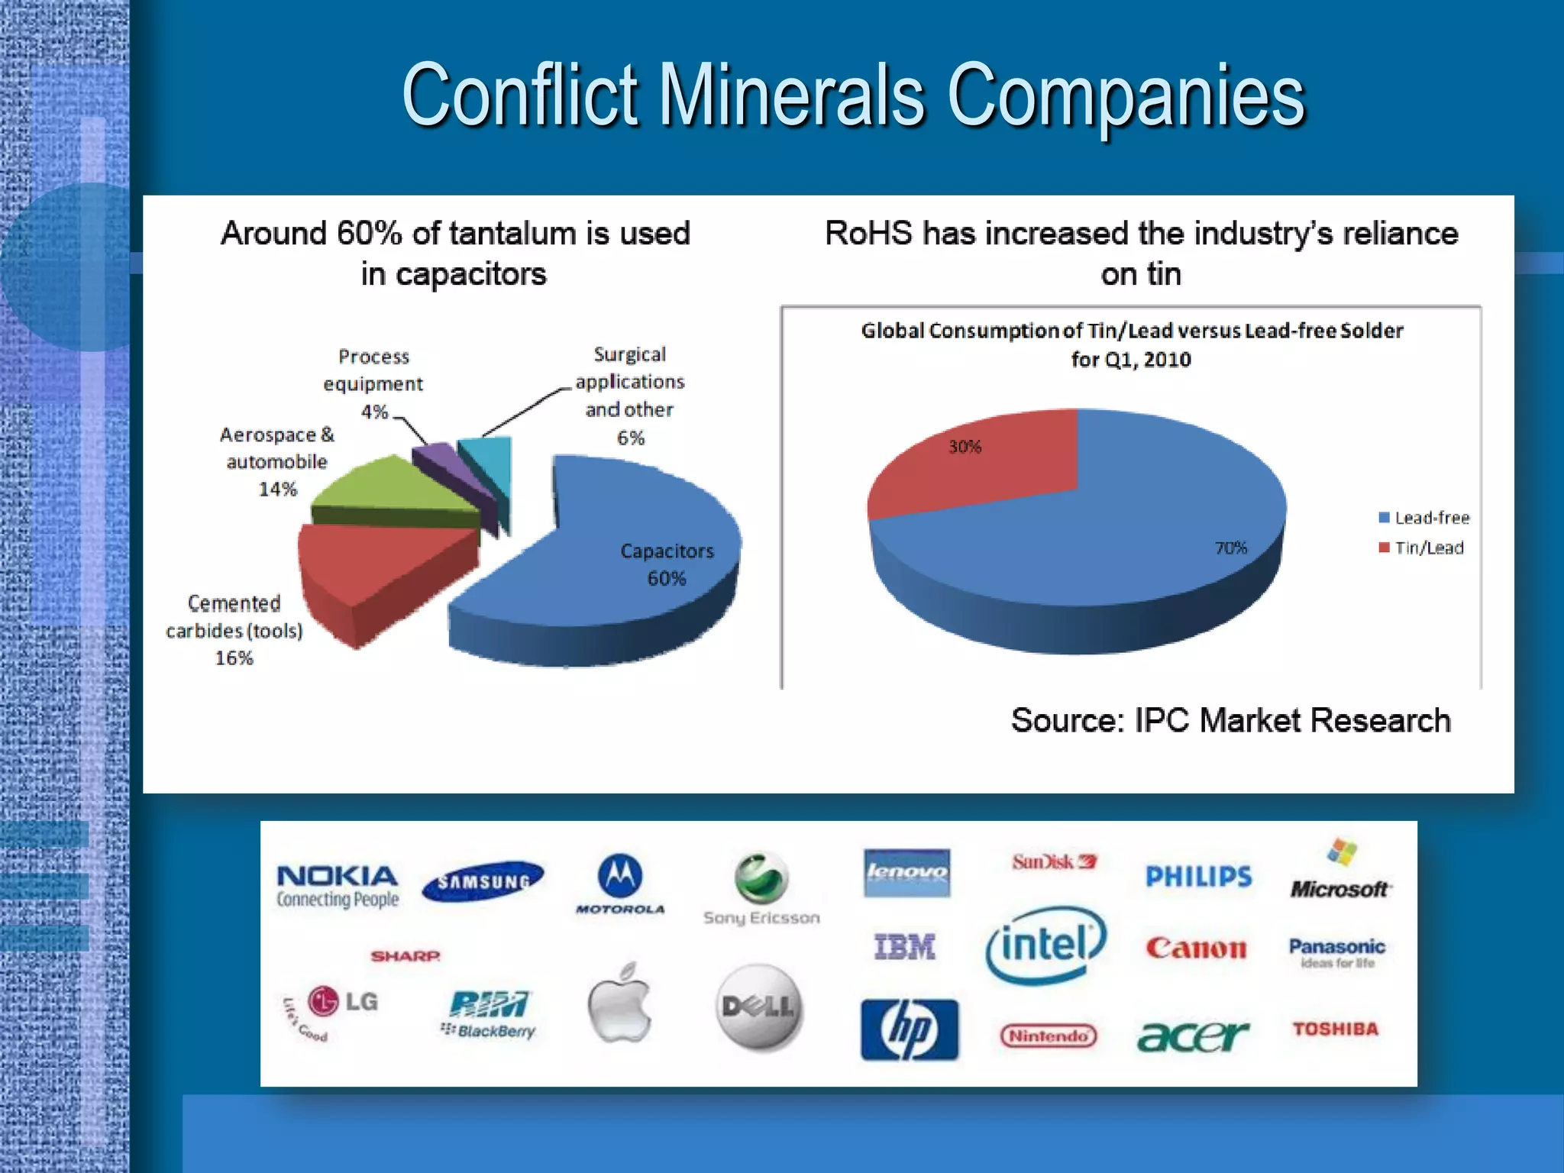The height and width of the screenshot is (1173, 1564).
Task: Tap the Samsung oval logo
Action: pyautogui.click(x=483, y=881)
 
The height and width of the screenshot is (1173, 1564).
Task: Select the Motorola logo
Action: pyautogui.click(x=619, y=884)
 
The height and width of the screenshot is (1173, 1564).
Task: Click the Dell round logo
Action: pyautogui.click(x=759, y=1007)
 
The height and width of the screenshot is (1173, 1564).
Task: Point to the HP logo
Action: pyautogui.click(x=909, y=1029)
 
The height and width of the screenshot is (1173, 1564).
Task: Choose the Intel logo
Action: pyautogui.click(x=1045, y=945)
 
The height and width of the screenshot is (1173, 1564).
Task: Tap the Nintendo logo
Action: pyautogui.click(x=1049, y=1036)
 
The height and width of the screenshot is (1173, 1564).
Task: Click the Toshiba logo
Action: pyautogui.click(x=1336, y=1029)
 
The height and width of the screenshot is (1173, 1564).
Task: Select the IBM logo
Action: pyautogui.click(x=905, y=947)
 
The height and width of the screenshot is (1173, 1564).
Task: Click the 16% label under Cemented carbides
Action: pyautogui.click(x=234, y=658)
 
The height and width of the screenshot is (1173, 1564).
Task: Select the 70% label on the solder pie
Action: pyautogui.click(x=1230, y=548)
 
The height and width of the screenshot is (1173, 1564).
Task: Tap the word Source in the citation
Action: pyautogui.click(x=1068, y=720)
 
